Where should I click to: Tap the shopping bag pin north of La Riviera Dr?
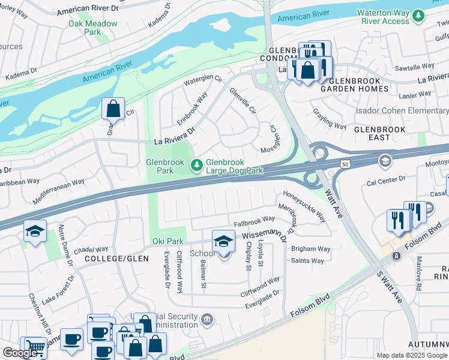113,109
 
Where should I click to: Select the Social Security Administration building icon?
207,317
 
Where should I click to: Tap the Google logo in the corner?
20,352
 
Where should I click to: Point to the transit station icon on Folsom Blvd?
396,256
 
